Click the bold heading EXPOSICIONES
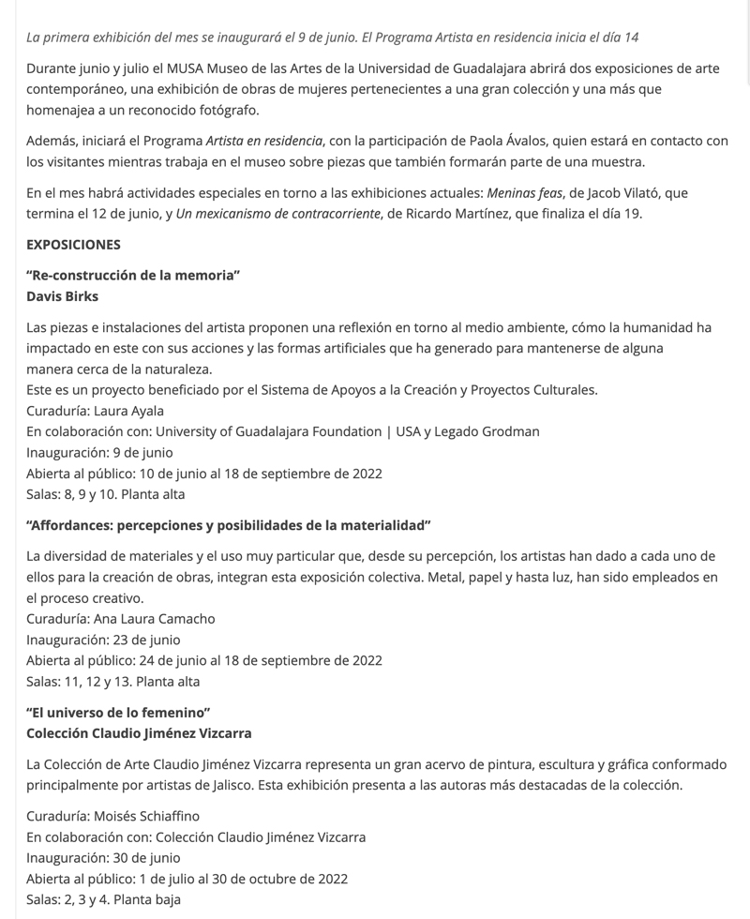click(73, 245)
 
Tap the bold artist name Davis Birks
click(62, 296)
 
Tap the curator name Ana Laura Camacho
click(155, 618)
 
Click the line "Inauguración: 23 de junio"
click(103, 640)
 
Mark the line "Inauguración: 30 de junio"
click(103, 857)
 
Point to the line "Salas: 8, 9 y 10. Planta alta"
click(106, 494)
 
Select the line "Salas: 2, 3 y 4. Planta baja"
click(103, 899)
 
